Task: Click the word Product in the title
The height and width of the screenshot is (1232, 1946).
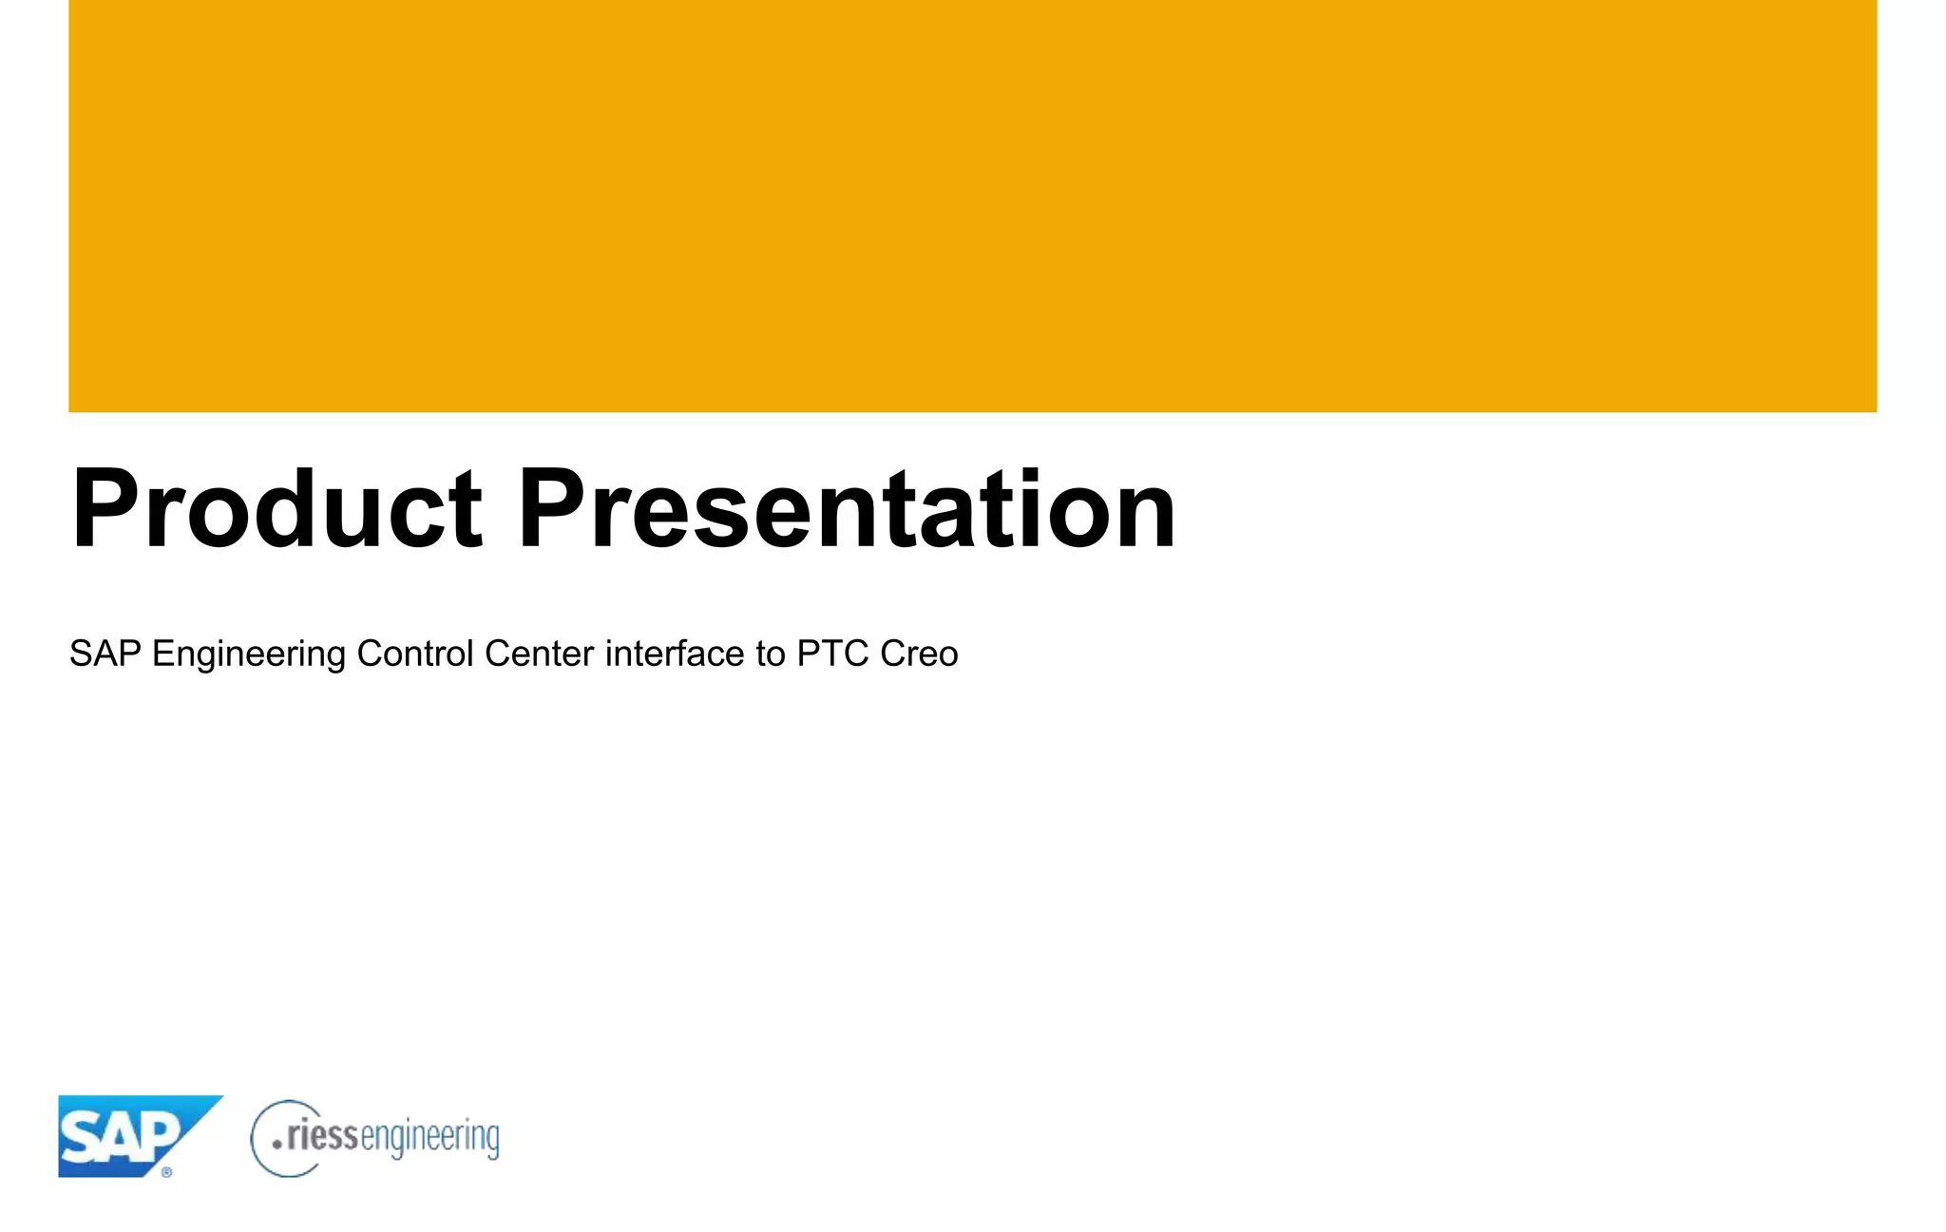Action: (277, 510)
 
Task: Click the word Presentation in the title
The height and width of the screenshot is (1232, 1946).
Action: (846, 510)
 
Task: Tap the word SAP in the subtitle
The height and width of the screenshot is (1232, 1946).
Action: (105, 654)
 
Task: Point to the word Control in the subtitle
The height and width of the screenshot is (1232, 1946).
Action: (414, 654)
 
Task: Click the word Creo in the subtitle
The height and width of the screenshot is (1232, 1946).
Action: (919, 654)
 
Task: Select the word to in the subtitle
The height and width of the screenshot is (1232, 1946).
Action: (771, 654)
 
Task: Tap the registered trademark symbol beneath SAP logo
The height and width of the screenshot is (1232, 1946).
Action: (167, 1173)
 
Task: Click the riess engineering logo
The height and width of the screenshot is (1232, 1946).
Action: (374, 1138)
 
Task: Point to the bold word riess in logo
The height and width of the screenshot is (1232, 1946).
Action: (322, 1135)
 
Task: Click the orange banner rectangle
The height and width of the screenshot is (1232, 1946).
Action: (972, 205)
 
